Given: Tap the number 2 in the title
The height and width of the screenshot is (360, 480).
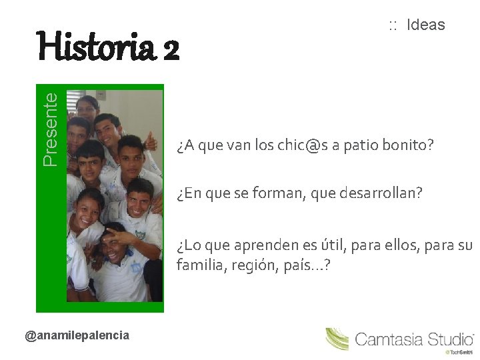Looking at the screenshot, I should [x=170, y=48].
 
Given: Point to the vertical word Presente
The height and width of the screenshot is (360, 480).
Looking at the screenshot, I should [x=50, y=129].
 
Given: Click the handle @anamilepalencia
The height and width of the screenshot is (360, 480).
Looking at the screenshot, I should [x=77, y=335].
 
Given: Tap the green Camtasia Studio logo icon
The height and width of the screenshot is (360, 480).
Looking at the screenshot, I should [x=337, y=339].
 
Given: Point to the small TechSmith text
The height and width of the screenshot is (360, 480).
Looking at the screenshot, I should [x=459, y=351].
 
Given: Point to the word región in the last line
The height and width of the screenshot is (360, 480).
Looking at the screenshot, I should [x=251, y=266].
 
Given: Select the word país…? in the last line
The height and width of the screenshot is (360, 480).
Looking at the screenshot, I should [x=308, y=265].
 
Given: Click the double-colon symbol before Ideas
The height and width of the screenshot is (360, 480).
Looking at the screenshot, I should [x=393, y=26].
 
